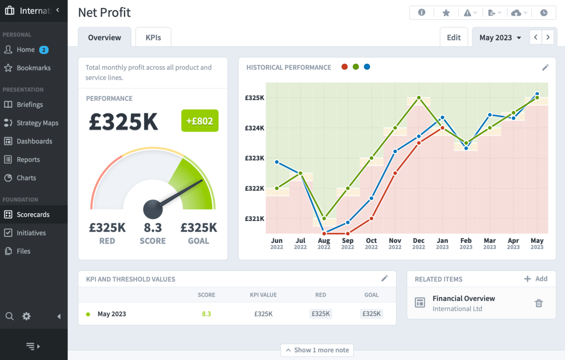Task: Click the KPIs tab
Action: (153, 38)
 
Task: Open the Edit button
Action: (454, 38)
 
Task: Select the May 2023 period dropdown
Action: (500, 38)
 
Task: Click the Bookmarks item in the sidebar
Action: (34, 68)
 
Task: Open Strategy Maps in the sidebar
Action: (37, 123)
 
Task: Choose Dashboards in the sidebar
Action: (34, 141)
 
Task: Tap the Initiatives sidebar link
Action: (31, 233)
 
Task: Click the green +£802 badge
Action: (200, 121)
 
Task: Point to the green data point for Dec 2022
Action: (419, 98)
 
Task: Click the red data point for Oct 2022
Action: (372, 218)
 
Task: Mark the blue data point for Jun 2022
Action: (277, 162)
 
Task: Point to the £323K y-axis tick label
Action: (254, 158)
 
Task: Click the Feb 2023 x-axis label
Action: (466, 243)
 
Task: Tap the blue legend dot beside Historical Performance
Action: (367, 67)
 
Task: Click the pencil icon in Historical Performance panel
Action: (545, 68)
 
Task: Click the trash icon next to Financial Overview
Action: (539, 303)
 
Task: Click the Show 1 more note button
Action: (317, 350)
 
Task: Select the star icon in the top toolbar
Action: (446, 13)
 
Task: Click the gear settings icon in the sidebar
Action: (26, 316)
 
